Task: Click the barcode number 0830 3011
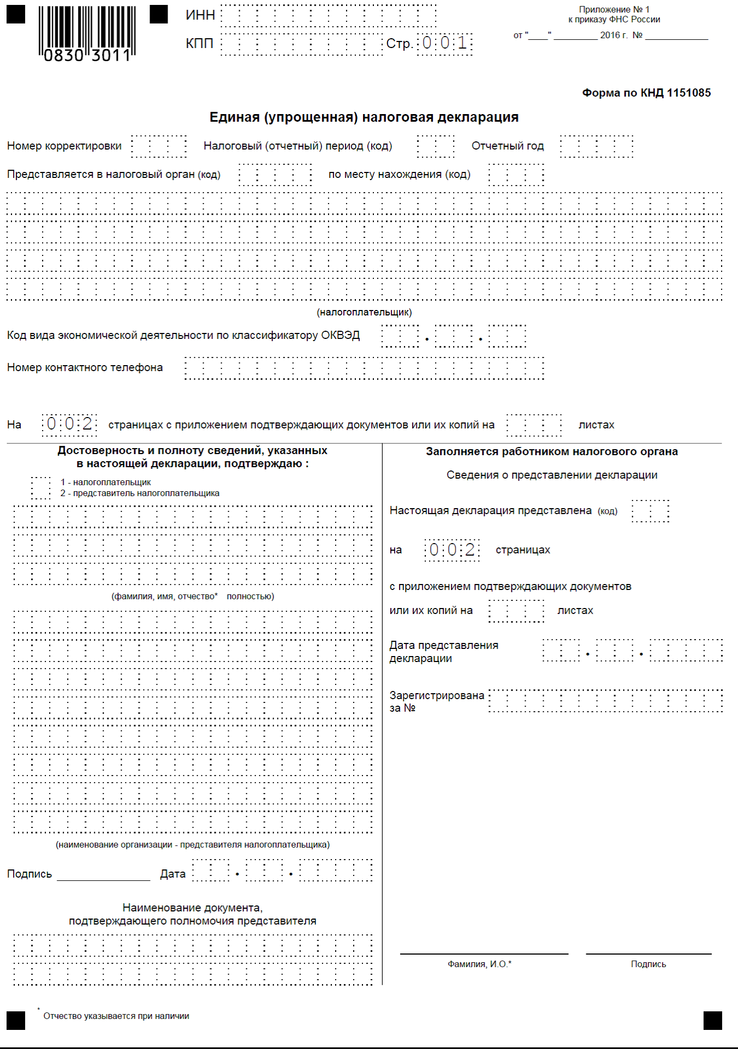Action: point(87,55)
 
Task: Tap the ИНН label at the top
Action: point(200,15)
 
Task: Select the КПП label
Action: point(199,44)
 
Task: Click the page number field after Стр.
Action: point(445,43)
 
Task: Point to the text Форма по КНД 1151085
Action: point(646,93)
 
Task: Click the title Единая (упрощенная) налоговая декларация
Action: point(364,117)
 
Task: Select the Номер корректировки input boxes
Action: point(159,146)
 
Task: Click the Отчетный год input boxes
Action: point(597,146)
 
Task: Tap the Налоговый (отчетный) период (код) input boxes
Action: point(436,146)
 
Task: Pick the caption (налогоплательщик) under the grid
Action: point(364,312)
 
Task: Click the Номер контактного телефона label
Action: point(85,367)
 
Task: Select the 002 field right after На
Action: point(69,424)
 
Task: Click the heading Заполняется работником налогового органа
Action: point(552,451)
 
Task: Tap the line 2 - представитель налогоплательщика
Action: point(140,493)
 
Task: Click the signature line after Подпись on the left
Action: point(103,875)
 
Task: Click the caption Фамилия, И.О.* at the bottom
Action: point(479,964)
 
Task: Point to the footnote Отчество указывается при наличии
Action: point(116,1016)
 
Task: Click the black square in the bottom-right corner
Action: point(712,1020)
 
